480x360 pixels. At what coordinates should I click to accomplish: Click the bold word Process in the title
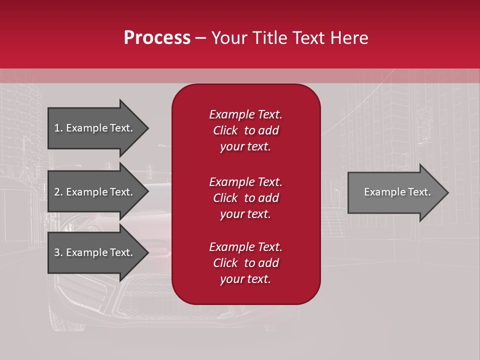(x=157, y=38)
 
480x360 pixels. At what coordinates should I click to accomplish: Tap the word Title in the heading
(x=268, y=38)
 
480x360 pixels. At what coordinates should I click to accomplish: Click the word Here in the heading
(x=349, y=38)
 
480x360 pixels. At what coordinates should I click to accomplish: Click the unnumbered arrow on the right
(x=395, y=192)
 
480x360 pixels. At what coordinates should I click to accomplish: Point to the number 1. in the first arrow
(x=58, y=128)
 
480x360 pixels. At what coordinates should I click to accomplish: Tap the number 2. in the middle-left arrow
(x=58, y=192)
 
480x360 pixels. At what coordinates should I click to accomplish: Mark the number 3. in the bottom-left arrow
(x=58, y=252)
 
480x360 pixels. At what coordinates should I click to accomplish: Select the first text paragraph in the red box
(x=245, y=130)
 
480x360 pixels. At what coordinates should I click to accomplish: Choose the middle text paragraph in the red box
(x=245, y=198)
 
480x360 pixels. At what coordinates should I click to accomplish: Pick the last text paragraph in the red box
(x=245, y=263)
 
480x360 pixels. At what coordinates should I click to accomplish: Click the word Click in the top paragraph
(x=225, y=130)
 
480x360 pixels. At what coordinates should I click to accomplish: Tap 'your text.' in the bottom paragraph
(x=245, y=279)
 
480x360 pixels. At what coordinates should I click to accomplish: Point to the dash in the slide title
(x=201, y=38)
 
